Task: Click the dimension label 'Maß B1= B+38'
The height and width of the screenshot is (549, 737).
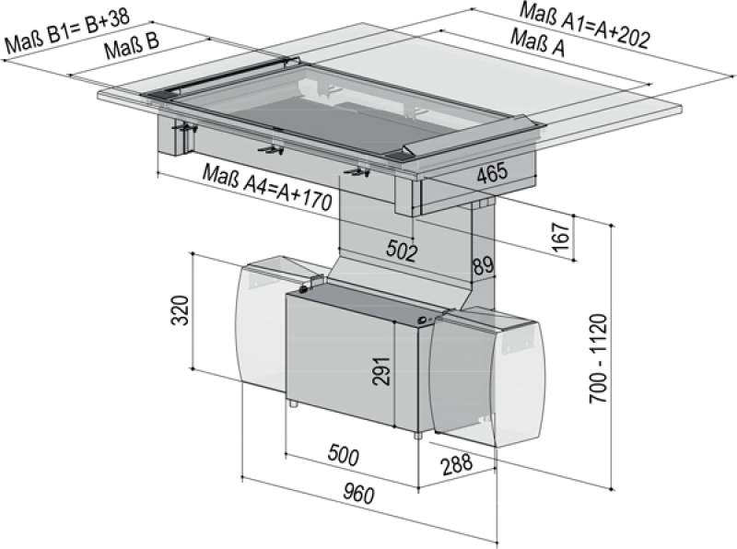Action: (x=67, y=29)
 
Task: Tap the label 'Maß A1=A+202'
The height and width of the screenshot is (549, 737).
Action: (x=585, y=25)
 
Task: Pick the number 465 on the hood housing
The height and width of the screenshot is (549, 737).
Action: (x=493, y=172)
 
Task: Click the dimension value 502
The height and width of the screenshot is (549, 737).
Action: (x=402, y=250)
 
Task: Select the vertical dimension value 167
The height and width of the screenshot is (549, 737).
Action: (x=562, y=237)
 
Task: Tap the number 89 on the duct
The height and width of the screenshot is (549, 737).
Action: (x=483, y=265)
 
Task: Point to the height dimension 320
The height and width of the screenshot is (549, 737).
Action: (x=180, y=310)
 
